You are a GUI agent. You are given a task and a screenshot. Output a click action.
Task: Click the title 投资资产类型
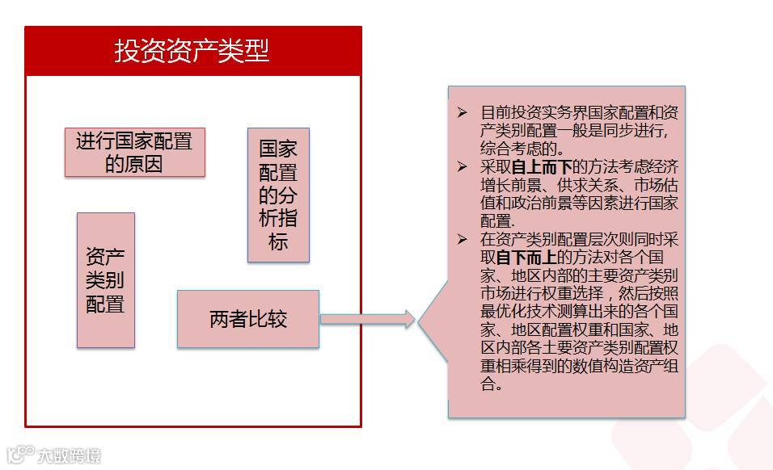[192, 52]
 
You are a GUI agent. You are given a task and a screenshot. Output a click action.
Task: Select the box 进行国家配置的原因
[134, 152]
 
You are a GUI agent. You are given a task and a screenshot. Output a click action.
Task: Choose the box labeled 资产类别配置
[105, 280]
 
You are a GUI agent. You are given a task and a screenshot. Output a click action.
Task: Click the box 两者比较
[247, 319]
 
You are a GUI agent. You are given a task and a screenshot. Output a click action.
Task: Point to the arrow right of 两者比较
[368, 319]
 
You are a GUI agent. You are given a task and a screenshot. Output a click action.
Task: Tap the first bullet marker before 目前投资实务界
[462, 113]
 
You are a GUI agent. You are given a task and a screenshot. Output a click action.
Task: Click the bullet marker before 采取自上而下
[462, 167]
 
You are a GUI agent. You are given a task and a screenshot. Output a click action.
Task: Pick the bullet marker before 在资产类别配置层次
[462, 240]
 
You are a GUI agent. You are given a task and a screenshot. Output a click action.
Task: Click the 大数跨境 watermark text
[70, 456]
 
